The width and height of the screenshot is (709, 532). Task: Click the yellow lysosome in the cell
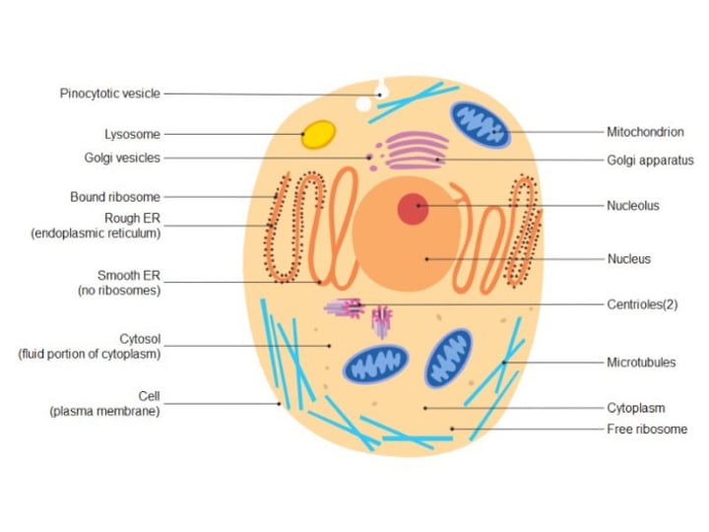(317, 134)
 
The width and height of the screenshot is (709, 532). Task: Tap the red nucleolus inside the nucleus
(414, 209)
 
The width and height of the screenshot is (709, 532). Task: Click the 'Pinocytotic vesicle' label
(109, 94)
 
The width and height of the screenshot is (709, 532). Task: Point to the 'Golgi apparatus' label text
(650, 161)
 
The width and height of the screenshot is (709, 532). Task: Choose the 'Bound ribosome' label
(114, 197)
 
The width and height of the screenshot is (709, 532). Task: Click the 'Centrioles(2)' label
(642, 304)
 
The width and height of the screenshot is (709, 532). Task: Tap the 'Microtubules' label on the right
(641, 363)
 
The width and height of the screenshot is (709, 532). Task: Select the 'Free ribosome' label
(647, 430)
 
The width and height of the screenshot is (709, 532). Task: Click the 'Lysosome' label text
(132, 134)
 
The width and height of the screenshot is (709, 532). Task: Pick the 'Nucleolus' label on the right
(633, 206)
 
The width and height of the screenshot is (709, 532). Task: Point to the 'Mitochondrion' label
(645, 132)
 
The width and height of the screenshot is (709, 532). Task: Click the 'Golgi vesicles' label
(122, 158)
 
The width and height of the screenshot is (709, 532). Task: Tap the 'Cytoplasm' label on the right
(635, 408)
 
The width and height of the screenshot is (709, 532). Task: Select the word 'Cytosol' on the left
(139, 339)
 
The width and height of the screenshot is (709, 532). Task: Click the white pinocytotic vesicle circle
(364, 103)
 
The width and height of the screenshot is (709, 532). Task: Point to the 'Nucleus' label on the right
(628, 259)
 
